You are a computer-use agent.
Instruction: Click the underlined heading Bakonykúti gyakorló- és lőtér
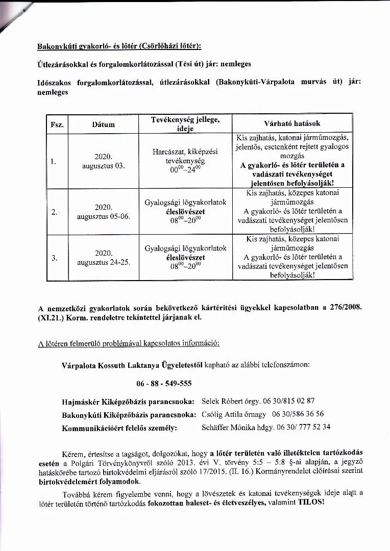[x=119, y=46]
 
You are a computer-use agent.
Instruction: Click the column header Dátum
[x=103, y=124]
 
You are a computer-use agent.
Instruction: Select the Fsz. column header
[x=57, y=124]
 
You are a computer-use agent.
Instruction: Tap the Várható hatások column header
[x=292, y=123]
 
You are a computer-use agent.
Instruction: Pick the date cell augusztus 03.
[x=103, y=162]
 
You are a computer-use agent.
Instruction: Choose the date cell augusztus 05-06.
[x=103, y=212]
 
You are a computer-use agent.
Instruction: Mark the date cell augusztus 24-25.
[x=103, y=258]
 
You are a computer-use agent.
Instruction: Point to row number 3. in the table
[x=55, y=258]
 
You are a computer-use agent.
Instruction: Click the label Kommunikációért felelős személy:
[x=119, y=428]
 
